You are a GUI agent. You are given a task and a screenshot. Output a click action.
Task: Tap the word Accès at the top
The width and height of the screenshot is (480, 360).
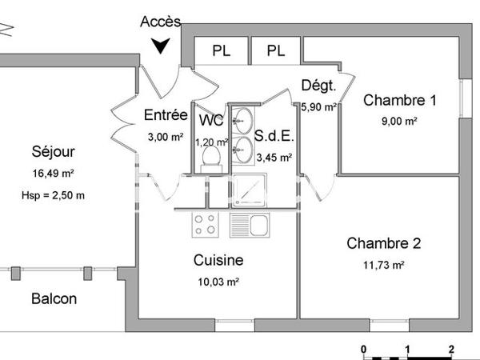[160, 22]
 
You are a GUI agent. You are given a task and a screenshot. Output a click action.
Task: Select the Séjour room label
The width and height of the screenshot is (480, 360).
[54, 151]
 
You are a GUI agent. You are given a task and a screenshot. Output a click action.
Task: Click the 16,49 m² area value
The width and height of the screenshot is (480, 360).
[54, 172]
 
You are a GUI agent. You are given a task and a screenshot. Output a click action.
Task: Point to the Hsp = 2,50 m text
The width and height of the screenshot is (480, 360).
[54, 195]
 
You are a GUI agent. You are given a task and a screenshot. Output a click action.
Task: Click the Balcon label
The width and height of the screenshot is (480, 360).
[54, 299]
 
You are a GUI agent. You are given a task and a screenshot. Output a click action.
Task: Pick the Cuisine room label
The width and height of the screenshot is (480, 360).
[218, 261]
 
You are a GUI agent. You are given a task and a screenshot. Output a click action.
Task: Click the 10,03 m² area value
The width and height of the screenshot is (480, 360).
[218, 282]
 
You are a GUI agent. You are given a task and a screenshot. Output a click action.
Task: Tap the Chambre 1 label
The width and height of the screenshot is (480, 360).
[400, 101]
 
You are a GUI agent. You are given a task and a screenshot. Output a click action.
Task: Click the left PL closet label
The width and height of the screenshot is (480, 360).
[222, 51]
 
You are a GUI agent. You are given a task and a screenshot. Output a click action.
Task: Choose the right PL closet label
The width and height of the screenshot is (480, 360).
[276, 51]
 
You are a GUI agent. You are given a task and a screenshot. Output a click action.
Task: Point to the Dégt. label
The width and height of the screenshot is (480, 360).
[318, 86]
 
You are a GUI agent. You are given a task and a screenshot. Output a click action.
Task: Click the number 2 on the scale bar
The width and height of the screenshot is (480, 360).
[452, 350]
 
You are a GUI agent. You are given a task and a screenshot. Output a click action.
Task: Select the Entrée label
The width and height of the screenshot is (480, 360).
[166, 115]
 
